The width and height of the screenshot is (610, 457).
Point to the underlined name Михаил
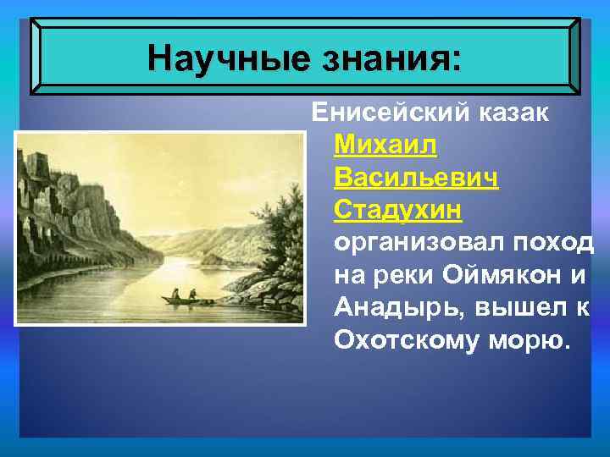coord(386,146)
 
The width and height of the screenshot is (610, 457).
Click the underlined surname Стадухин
coord(403,211)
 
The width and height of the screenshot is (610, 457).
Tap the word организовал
coord(420,243)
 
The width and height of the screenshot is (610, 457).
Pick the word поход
coord(554,243)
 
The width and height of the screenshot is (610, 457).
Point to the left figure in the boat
coord(175,293)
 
